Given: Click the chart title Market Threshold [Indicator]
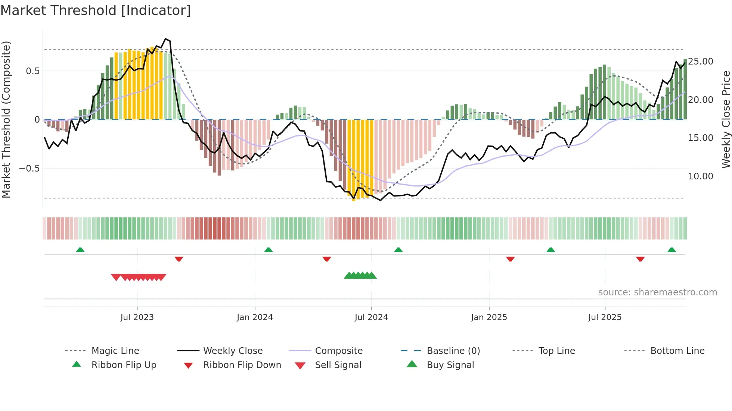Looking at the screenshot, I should click(x=96, y=10).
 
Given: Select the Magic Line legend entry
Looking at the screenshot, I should click(x=115, y=351).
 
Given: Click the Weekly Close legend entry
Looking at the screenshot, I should click(x=233, y=351).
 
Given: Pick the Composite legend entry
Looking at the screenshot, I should click(x=339, y=351).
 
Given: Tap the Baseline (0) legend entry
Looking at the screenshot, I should click(x=453, y=351).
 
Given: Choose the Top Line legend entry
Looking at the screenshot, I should click(x=556, y=351).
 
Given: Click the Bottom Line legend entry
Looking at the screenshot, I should click(x=677, y=351).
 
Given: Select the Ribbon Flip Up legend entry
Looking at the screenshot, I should click(x=124, y=365).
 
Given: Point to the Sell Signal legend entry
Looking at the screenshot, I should click(x=338, y=365).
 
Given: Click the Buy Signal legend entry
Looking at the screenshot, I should click(x=450, y=365).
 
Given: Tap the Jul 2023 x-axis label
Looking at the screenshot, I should click(x=137, y=317).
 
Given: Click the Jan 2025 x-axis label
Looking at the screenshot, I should click(x=489, y=317).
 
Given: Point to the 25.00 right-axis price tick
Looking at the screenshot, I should click(x=700, y=62).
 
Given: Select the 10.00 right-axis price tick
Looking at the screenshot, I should click(x=700, y=176).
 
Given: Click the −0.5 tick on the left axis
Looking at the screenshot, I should click(x=29, y=169).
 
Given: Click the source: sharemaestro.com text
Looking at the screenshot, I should click(x=657, y=292).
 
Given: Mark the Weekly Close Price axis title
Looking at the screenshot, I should click(x=726, y=119).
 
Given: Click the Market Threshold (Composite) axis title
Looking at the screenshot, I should click(x=6, y=119).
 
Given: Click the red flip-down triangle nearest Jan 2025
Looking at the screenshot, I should click(x=511, y=259).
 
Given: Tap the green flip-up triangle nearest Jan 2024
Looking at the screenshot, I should click(x=269, y=250).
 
